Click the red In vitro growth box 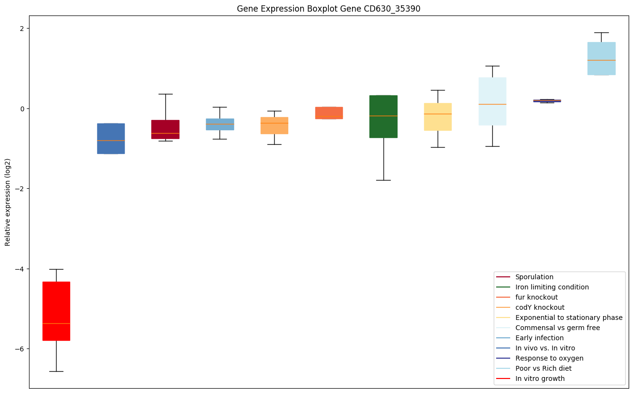pos(56,311)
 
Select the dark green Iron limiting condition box pos(383,116)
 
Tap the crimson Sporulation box pos(165,129)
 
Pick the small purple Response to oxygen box pos(547,101)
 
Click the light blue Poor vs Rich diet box pos(601,59)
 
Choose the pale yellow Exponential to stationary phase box pos(438,117)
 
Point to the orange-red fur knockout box pos(329,113)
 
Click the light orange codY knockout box pos(274,125)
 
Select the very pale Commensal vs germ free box pos(492,101)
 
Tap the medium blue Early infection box pos(220,124)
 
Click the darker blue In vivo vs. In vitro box pos(111,138)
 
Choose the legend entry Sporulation pos(534,277)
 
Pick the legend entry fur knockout pos(536,297)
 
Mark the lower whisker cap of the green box pos(383,180)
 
